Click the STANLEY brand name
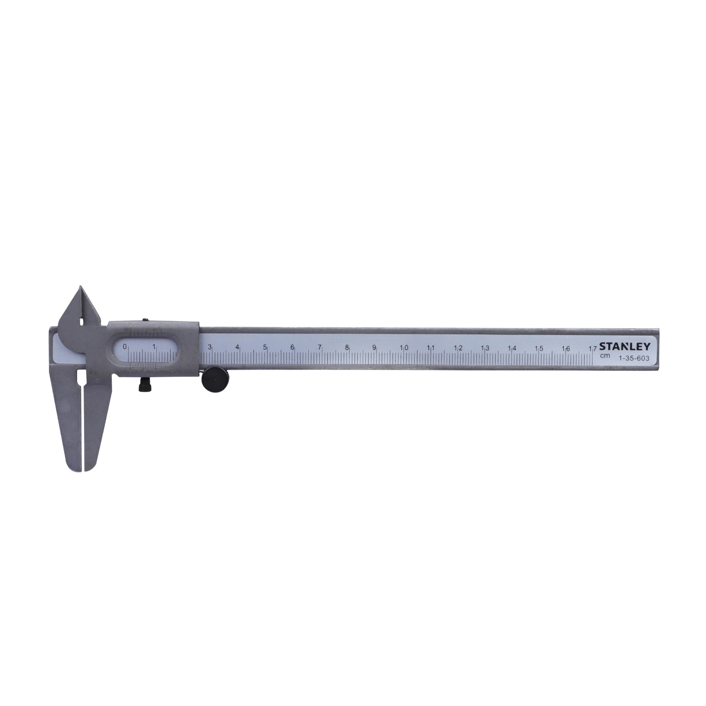(x=625, y=346)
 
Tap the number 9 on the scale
(x=374, y=347)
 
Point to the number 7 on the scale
(x=319, y=347)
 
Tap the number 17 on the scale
(x=592, y=349)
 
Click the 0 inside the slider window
(x=125, y=346)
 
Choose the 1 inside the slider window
(x=154, y=346)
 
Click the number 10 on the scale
(x=404, y=348)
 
